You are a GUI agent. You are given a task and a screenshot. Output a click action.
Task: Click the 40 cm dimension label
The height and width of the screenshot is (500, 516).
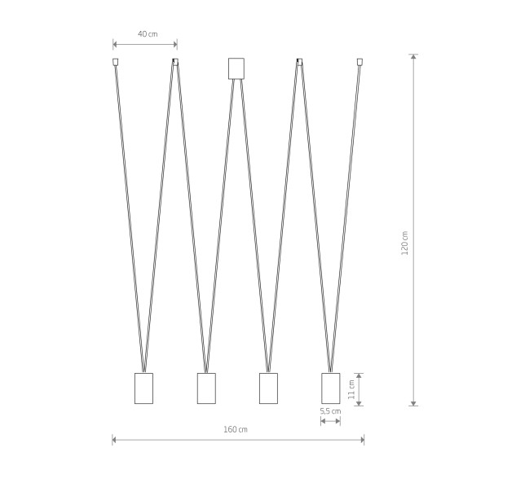pyautogui.click(x=148, y=34)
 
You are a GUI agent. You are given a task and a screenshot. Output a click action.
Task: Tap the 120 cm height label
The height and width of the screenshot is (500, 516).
pyautogui.click(x=405, y=243)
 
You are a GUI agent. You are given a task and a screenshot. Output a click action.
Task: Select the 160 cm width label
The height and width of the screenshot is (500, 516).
pyautogui.click(x=236, y=429)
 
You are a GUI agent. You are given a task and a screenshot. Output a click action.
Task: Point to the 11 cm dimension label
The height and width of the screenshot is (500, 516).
pyautogui.click(x=351, y=389)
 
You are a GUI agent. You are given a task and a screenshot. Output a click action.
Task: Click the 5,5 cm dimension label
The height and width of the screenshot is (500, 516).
pyautogui.click(x=330, y=411)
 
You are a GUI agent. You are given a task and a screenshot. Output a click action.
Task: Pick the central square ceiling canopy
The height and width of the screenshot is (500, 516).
pyautogui.click(x=236, y=68)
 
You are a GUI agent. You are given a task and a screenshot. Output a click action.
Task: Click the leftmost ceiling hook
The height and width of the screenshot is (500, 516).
pyautogui.click(x=115, y=62)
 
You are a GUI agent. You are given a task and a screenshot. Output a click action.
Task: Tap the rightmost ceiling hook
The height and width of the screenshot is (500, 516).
pyautogui.click(x=359, y=62)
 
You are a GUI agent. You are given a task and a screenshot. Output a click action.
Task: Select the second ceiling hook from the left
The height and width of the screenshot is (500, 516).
pyautogui.click(x=176, y=62)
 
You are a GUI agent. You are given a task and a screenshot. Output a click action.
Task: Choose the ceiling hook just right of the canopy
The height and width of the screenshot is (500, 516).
pyautogui.click(x=299, y=62)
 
